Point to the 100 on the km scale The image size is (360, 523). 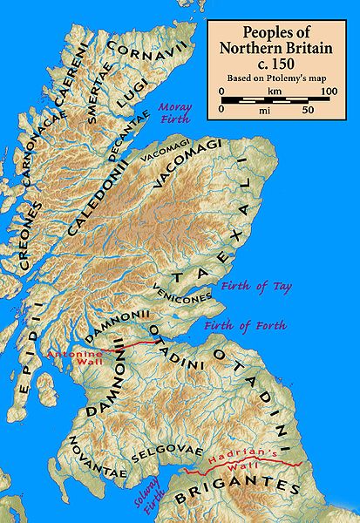click(x=329, y=91)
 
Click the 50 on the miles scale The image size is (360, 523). click(x=307, y=111)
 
